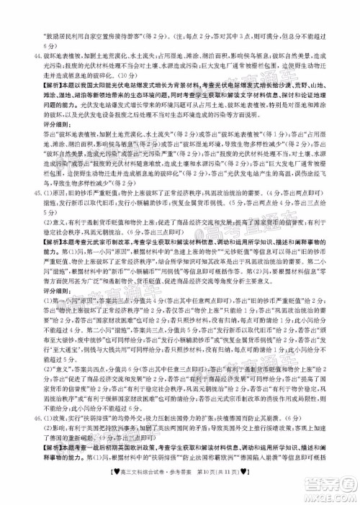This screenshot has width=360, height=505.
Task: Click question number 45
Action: click(x=29, y=232)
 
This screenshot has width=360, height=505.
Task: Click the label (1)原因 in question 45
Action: click(x=50, y=232)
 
